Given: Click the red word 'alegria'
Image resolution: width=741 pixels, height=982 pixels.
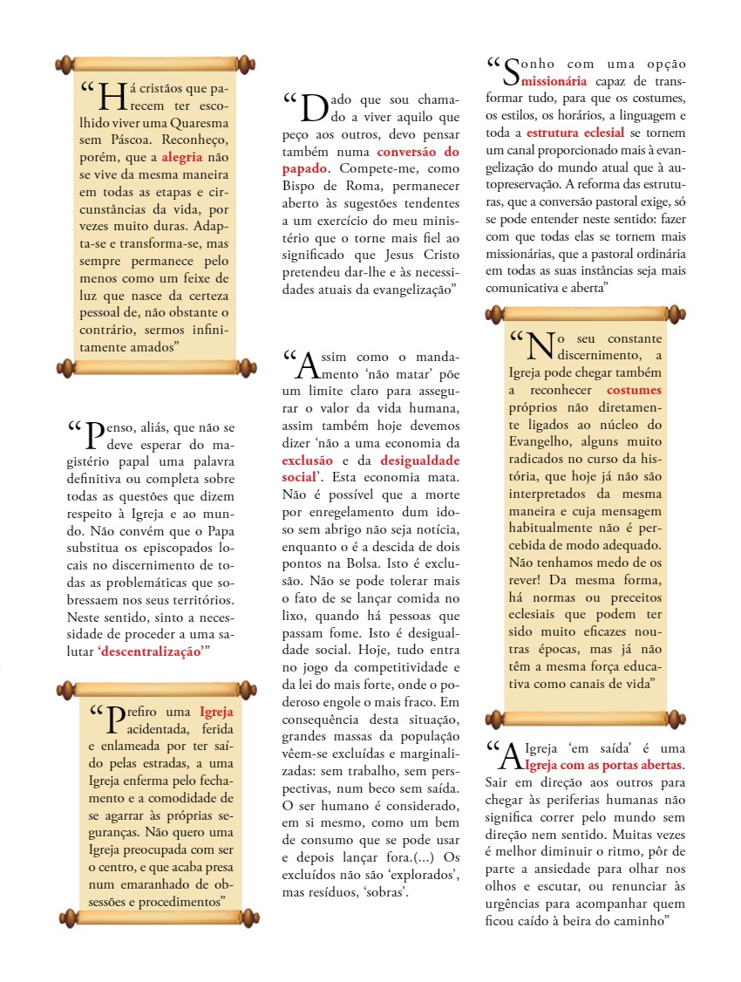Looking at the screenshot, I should pos(181,158).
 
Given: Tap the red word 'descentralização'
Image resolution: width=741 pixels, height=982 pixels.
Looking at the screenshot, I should pos(153,651).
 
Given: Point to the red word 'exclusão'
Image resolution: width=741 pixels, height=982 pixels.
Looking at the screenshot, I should pos(307,460).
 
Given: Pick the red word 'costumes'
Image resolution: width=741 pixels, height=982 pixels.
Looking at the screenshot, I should pos(634,390).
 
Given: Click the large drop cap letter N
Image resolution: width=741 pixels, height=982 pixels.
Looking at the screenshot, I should pos(540,345).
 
